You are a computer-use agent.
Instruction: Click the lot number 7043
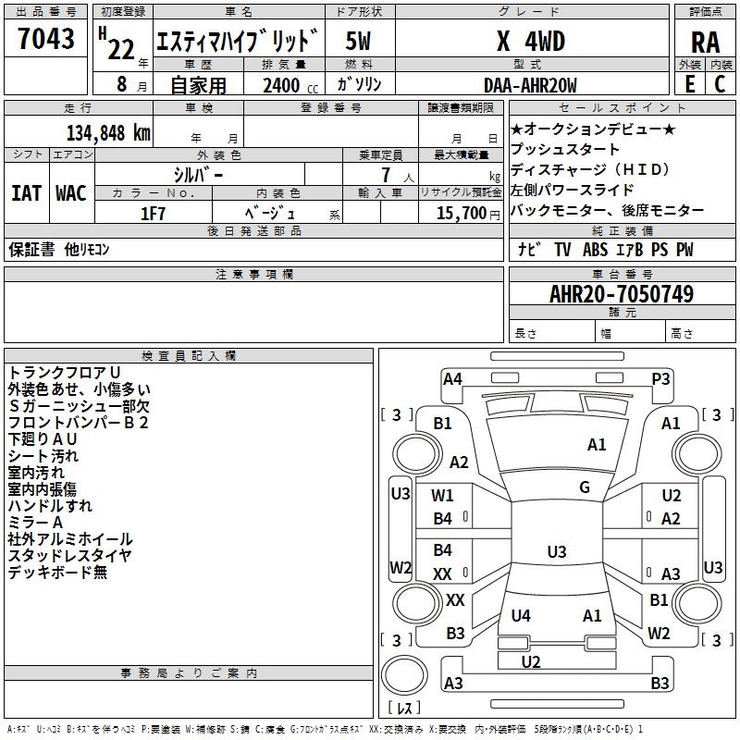click(x=46, y=40)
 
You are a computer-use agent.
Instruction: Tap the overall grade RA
click(x=705, y=42)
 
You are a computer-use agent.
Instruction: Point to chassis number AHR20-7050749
click(x=621, y=294)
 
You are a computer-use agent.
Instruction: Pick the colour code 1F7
click(x=153, y=212)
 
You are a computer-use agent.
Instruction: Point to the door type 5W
click(x=358, y=41)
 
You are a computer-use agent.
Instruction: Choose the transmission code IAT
click(x=26, y=193)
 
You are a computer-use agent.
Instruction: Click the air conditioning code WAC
click(x=70, y=193)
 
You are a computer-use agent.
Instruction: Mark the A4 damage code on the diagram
click(x=452, y=378)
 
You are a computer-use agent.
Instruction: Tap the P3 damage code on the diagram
click(x=660, y=378)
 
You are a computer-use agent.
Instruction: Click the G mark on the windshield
click(x=585, y=487)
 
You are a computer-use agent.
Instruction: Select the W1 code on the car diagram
click(x=443, y=495)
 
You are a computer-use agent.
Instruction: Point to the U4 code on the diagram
click(x=522, y=615)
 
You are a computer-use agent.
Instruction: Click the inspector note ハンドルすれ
click(x=50, y=506)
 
